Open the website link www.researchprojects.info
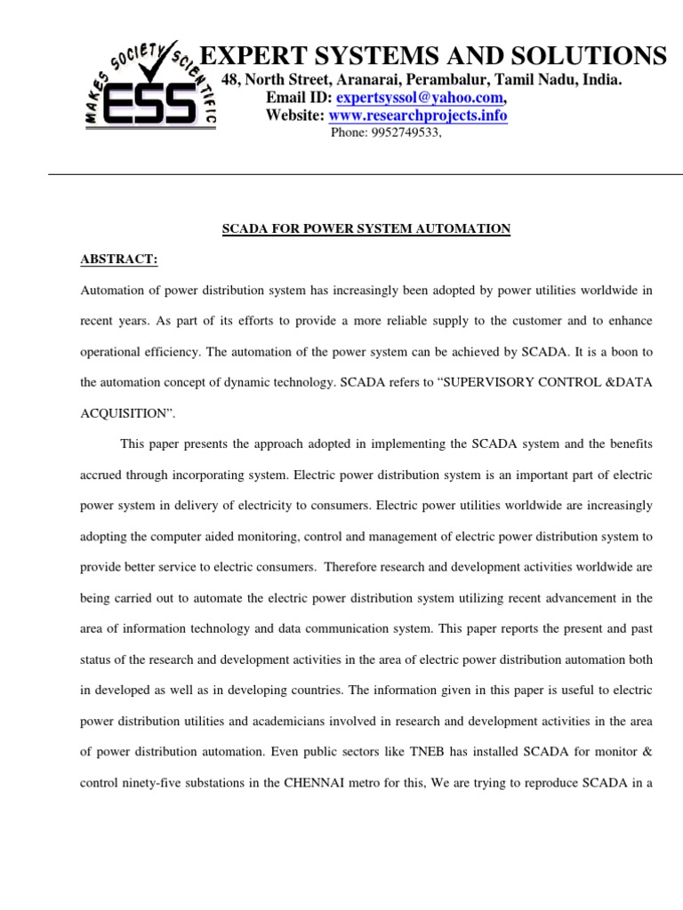418,116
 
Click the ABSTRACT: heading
119,259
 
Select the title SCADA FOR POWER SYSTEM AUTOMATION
366,229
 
